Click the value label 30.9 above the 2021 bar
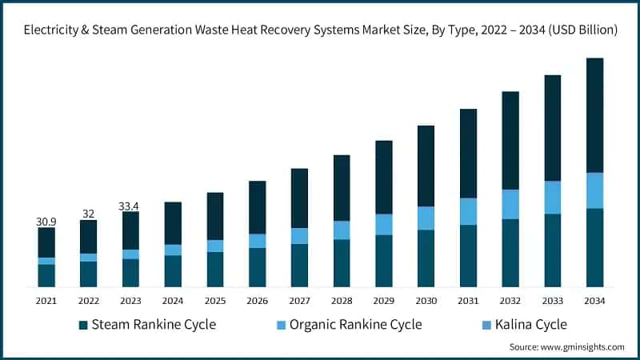click(x=46, y=221)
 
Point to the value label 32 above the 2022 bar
click(x=88, y=214)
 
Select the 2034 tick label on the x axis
click(x=594, y=301)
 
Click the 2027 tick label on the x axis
click(x=299, y=301)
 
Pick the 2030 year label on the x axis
click(x=426, y=301)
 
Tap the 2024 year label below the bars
click(x=173, y=301)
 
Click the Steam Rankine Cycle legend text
click(x=154, y=325)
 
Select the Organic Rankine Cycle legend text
click(x=355, y=325)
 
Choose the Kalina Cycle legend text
click(x=530, y=325)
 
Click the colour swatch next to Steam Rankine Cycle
click(x=83, y=325)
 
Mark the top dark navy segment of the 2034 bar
click(x=594, y=115)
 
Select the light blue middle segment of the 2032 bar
click(x=510, y=204)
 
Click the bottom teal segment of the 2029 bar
click(x=384, y=261)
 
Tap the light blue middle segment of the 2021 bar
click(x=46, y=261)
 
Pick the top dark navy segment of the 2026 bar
click(x=257, y=207)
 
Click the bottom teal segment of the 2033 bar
click(x=553, y=250)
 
